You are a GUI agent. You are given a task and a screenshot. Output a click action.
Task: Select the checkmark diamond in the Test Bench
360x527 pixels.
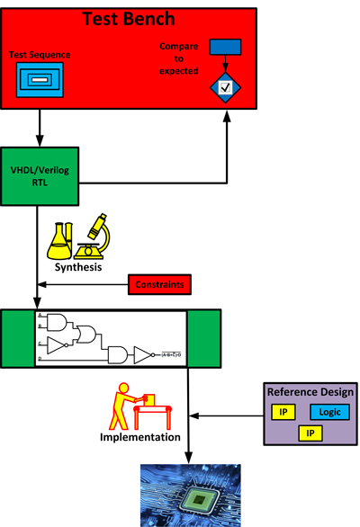(225, 87)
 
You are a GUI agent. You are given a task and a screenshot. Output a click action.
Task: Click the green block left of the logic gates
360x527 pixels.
(19, 339)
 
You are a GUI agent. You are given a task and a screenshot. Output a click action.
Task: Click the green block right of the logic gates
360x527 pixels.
(203, 339)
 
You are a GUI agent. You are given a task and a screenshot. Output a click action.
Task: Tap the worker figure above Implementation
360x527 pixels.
(128, 406)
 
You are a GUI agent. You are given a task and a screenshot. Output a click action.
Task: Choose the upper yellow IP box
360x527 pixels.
(282, 412)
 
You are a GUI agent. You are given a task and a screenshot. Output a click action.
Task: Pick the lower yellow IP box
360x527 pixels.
(310, 433)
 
